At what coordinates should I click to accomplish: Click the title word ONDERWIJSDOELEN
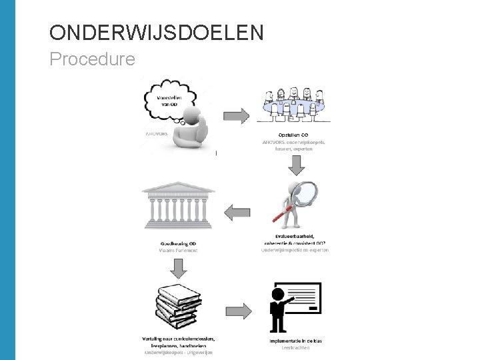(x=157, y=32)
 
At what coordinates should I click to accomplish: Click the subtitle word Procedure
(x=92, y=59)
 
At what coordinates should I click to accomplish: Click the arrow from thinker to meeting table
(x=234, y=115)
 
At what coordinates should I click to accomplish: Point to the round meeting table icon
(x=295, y=105)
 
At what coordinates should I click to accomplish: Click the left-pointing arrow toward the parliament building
(x=236, y=213)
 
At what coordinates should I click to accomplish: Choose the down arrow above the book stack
(x=179, y=268)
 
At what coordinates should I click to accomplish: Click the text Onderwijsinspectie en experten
(x=295, y=250)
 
